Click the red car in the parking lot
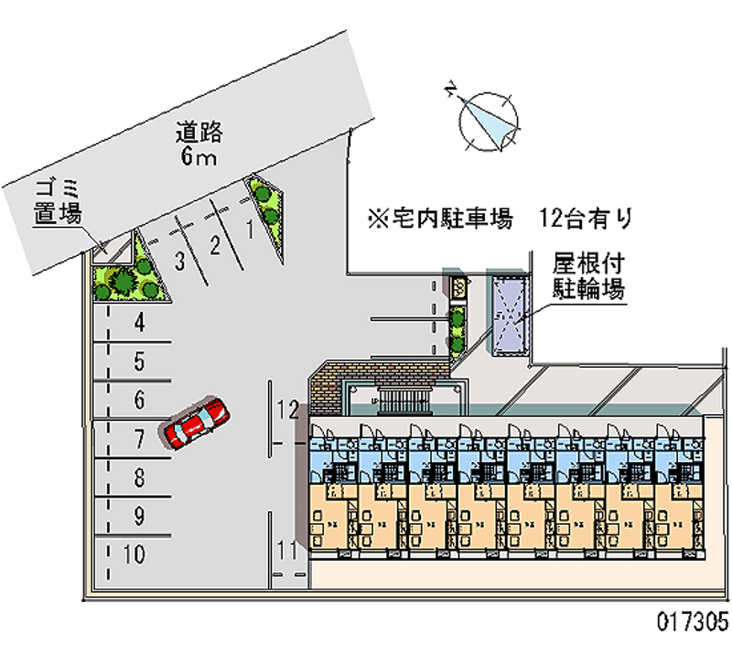195,422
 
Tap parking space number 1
249,230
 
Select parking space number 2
214,244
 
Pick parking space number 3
180,261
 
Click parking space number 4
139,322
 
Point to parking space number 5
139,361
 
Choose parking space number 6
139,400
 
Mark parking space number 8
139,477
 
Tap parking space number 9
139,516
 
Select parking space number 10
134,554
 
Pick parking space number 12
289,409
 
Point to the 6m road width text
198,158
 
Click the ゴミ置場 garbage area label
59,202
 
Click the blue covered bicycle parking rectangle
508,311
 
